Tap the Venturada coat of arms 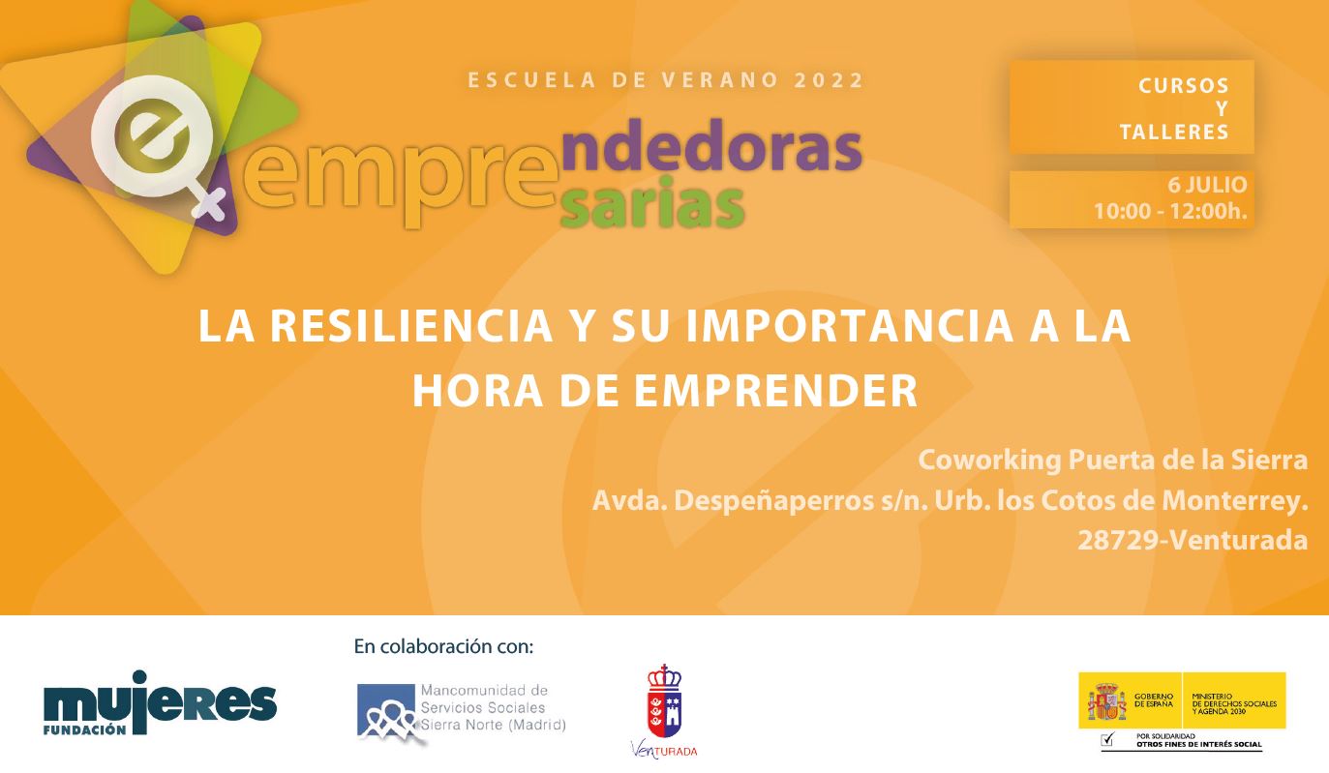coord(664,702)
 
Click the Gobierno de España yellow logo coord(1182,699)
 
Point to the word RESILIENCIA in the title coord(408,327)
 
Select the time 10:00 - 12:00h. coord(1170,211)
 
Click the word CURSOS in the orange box coord(1183,86)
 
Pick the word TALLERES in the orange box coord(1173,133)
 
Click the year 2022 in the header coord(829,80)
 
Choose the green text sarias coord(652,206)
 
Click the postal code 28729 coord(1118,541)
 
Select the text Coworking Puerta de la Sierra coord(1112,460)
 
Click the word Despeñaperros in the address coord(779,501)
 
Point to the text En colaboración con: coord(443,646)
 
